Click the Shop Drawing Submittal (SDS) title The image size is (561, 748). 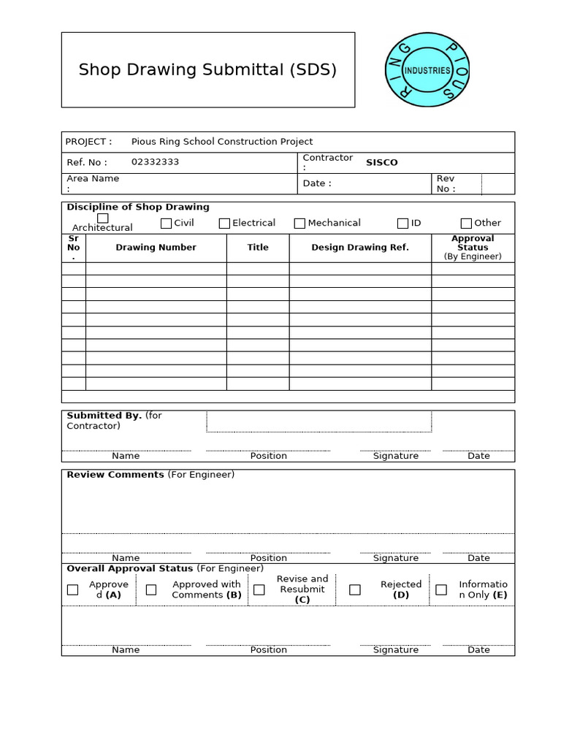click(207, 70)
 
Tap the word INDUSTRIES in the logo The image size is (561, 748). click(427, 71)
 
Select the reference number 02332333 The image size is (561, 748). click(155, 162)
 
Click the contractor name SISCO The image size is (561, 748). click(381, 162)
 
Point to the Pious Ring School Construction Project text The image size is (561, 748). click(221, 142)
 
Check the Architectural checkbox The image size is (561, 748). click(103, 218)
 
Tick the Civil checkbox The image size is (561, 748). click(166, 224)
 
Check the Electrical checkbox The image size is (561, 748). click(224, 224)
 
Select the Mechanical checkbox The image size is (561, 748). click(299, 224)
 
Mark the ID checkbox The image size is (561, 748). click(402, 224)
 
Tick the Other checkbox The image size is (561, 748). click(466, 224)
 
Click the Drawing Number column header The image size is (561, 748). click(156, 248)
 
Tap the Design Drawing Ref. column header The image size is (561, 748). click(360, 248)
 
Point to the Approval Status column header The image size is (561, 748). click(473, 243)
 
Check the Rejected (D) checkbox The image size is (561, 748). click(355, 589)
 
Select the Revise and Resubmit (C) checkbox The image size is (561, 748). click(259, 589)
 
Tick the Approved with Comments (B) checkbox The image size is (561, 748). click(151, 589)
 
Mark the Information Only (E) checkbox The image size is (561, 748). click(441, 589)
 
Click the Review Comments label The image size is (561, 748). click(115, 475)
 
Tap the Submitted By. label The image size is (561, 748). click(104, 416)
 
